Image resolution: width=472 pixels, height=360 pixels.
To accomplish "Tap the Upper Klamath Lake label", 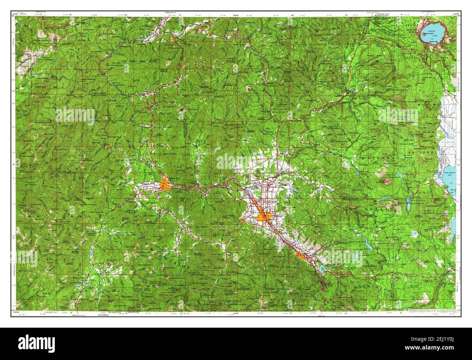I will pos(449,174).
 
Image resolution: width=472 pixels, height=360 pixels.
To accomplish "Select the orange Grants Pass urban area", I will pos(165,185).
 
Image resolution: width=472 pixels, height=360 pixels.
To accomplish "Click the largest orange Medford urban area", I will pos(264,217).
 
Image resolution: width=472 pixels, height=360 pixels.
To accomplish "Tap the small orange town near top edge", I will pos(175,36).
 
